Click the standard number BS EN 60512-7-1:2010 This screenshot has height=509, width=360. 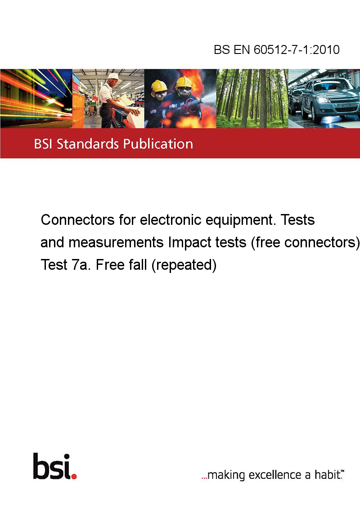point(276,49)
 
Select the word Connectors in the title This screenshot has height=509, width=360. point(78,220)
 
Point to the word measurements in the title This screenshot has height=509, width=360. point(116,242)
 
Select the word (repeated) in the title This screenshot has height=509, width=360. point(184,265)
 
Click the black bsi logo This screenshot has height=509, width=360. point(52,466)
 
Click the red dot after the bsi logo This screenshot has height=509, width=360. point(74,476)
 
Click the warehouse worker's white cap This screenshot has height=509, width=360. point(113,76)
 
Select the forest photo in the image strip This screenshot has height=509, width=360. point(252,98)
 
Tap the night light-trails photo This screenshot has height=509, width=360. point(36,98)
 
